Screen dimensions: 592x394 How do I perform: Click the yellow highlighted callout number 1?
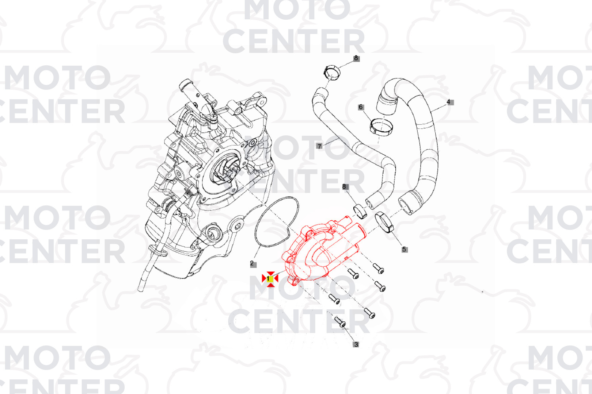[270, 279]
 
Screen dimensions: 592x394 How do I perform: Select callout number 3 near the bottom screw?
[356, 344]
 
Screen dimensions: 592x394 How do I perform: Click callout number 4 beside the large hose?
[450, 102]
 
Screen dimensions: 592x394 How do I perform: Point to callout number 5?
[405, 250]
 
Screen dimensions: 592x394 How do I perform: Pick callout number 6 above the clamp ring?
[361, 107]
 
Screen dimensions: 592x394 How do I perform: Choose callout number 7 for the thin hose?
[319, 146]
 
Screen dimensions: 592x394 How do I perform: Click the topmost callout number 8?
[356, 58]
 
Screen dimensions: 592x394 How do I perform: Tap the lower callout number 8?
[345, 186]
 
